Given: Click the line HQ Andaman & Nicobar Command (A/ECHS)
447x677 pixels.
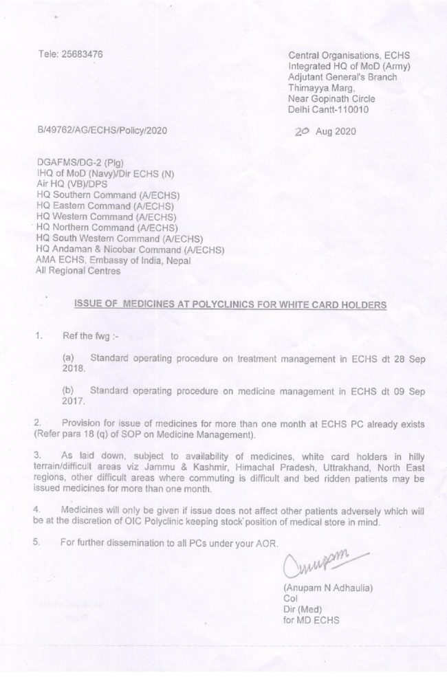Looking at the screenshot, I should pyautogui.click(x=129, y=249).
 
